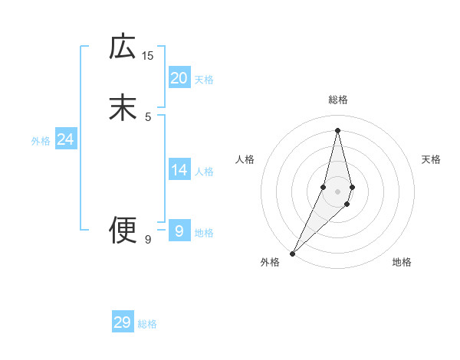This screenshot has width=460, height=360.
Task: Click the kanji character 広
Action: tap(123, 47)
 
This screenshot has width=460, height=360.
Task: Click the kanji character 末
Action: tap(123, 108)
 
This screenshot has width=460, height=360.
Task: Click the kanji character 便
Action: tap(123, 229)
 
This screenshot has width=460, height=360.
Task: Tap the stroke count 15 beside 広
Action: tap(147, 55)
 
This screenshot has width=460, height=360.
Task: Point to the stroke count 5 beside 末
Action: tap(148, 116)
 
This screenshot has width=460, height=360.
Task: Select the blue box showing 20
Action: tap(179, 78)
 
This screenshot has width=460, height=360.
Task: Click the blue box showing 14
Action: tap(179, 170)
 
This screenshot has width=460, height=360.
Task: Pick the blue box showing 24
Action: tap(65, 139)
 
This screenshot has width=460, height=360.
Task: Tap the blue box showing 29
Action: tap(123, 322)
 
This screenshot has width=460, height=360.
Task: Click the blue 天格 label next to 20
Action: tap(204, 80)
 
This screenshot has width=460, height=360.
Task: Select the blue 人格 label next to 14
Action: tap(204, 172)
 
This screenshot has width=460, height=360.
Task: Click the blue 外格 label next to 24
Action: tap(41, 141)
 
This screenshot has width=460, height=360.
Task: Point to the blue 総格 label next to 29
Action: tap(148, 324)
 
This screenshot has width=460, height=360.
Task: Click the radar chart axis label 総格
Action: tap(338, 100)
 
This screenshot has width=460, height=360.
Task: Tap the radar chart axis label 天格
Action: tap(432, 159)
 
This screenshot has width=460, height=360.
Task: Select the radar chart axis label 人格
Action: tap(245, 159)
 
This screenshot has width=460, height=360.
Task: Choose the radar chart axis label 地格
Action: tap(402, 262)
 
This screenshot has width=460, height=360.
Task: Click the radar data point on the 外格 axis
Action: tap(292, 253)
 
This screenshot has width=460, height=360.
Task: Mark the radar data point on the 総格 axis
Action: tap(337, 129)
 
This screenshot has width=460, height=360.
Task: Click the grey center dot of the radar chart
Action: tap(337, 191)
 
